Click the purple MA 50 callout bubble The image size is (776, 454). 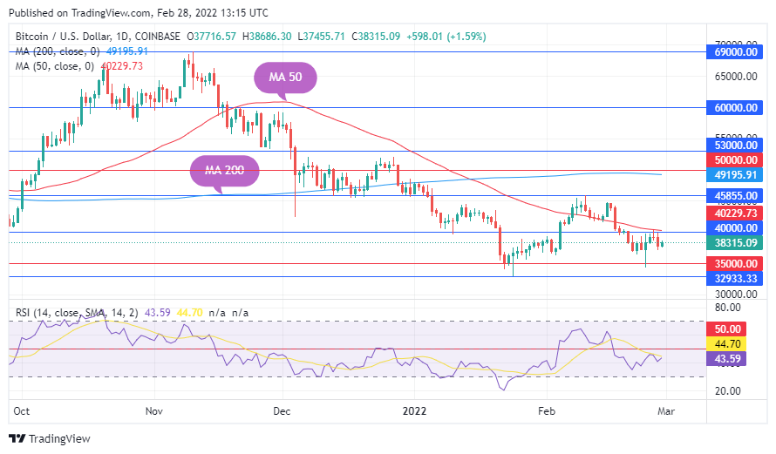284,78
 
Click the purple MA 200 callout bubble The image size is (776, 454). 225,170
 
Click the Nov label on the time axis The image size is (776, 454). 154,410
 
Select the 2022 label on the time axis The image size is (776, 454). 413,410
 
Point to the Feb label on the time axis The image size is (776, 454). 546,410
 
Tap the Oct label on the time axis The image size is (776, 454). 22,410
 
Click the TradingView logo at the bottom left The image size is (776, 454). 50,439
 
